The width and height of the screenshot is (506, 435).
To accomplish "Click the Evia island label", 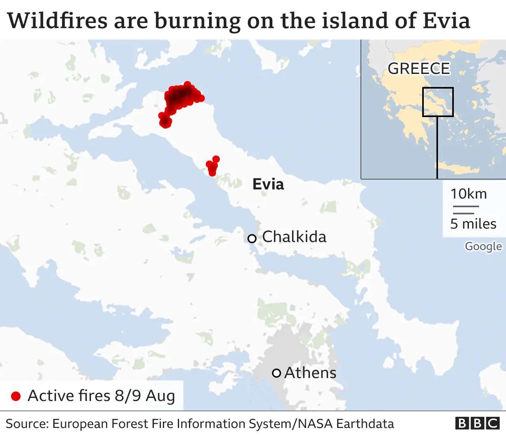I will pos(268,185).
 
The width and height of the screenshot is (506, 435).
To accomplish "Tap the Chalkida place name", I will pos(294,237).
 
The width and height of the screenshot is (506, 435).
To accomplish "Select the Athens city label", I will pos(310,373).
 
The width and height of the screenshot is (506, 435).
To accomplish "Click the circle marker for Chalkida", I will pos(252,238).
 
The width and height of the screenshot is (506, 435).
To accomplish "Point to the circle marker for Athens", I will pos(276,373).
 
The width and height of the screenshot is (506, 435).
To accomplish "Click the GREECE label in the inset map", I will pos(419,69).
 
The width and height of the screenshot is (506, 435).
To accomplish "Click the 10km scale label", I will pos(468,194).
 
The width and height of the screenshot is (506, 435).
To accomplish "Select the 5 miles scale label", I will pos(473,224).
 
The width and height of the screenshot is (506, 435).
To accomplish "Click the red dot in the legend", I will pos(16,396).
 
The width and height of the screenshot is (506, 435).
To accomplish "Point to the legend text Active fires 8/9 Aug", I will pos(101,396).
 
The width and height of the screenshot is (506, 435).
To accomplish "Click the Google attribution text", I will pos(483,246).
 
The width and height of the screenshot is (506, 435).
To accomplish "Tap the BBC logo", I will pos(477,423).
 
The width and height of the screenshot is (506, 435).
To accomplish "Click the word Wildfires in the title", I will pos(57,21).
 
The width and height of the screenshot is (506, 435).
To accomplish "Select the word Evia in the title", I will pos(446,21).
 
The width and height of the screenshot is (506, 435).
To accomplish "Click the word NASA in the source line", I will pos(315,424).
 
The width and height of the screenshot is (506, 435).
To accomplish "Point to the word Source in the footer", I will pos(26,424).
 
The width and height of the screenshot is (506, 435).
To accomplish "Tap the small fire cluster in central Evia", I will pos(213,166).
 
